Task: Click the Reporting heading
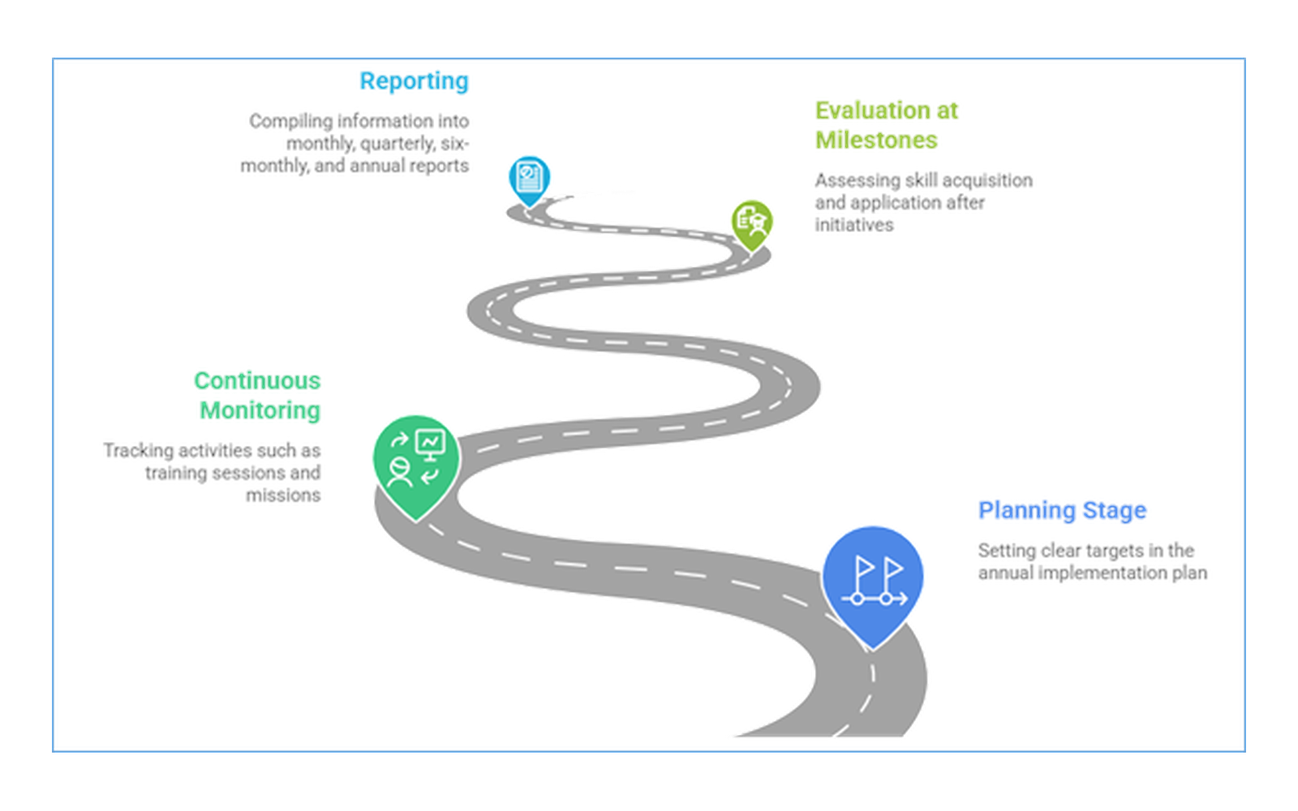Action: coord(414,82)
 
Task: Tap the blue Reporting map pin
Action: coord(529,180)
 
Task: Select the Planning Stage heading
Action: coord(1062,511)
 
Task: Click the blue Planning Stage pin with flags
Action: coord(873,585)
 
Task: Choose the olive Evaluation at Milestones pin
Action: coord(751,225)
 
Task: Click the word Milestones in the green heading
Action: coord(876,140)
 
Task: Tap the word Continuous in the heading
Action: coord(257,381)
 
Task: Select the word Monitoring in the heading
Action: coord(260,410)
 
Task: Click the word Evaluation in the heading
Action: coord(873,110)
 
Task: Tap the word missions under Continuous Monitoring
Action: coord(283,496)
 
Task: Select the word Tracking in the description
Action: coord(139,451)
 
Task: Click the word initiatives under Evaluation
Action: coord(854,225)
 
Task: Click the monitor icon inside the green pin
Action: coord(431,445)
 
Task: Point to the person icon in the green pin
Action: coord(399,472)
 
